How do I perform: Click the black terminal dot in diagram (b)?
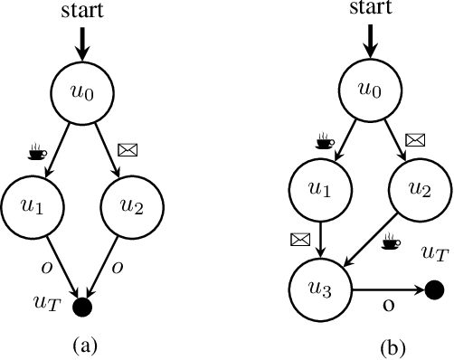[x=433, y=290]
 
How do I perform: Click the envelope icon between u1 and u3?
[x=298, y=241]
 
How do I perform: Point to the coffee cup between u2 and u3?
[x=392, y=242]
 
